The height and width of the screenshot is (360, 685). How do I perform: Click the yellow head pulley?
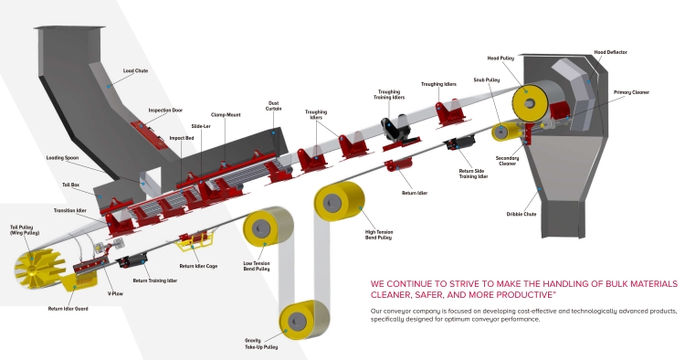click(531, 103)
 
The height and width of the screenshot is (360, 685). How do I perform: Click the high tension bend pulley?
click(339, 201)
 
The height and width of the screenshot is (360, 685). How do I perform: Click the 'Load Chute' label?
click(135, 70)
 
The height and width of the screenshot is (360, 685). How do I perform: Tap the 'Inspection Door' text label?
click(165, 111)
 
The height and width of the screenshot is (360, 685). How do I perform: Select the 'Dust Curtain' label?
click(273, 106)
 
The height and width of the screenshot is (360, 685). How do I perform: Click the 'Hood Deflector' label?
click(610, 52)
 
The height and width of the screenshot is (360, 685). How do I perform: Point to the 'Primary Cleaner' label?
click(631, 92)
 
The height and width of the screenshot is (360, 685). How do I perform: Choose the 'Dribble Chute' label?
click(522, 215)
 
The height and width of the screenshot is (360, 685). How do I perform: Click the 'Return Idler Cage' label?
click(198, 266)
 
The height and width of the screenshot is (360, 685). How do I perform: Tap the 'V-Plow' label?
click(115, 294)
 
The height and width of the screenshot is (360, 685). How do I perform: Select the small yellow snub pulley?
click(503, 132)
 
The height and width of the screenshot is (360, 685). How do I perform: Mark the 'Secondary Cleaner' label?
click(507, 161)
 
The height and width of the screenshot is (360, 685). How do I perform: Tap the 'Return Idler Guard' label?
click(68, 309)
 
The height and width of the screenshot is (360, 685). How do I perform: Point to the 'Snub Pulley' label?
click(486, 80)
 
